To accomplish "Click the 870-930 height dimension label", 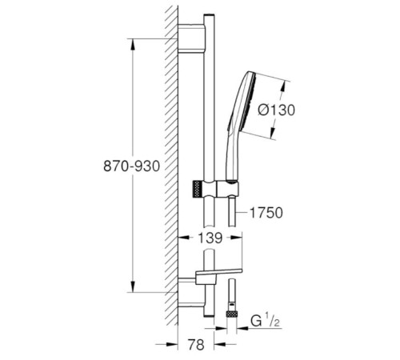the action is [x=131, y=166].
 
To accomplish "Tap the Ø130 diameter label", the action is [x=277, y=110].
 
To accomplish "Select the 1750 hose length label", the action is [x=266, y=213].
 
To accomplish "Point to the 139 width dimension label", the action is [x=210, y=238].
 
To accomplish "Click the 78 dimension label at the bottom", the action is [x=196, y=344].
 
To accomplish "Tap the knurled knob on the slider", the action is [x=197, y=189].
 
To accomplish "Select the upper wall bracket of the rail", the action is [x=191, y=39].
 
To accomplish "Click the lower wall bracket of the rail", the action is [x=191, y=292].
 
